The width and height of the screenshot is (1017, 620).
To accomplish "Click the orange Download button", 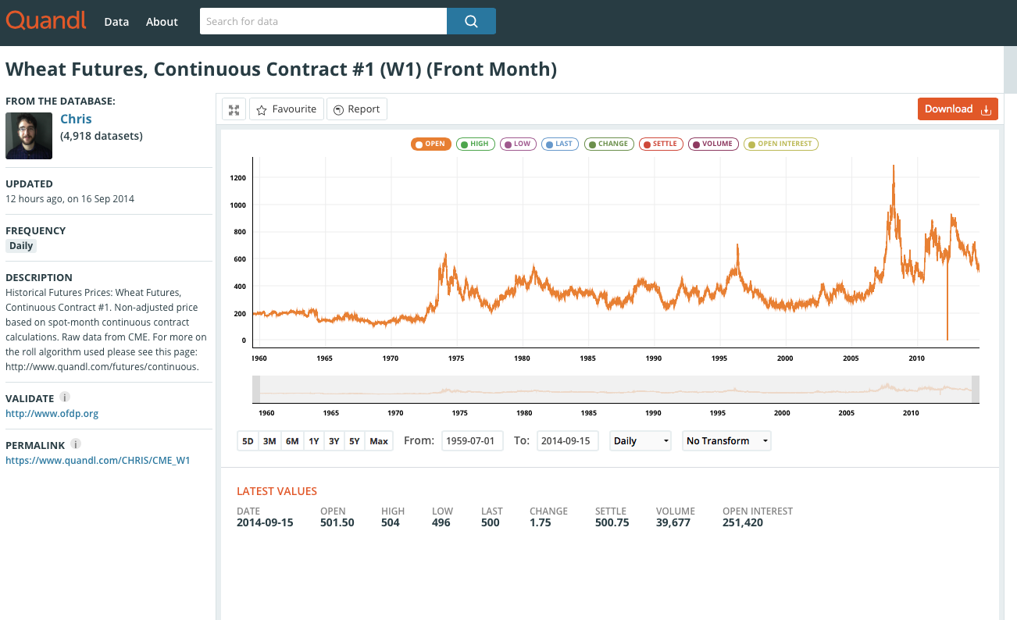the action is coord(958,109).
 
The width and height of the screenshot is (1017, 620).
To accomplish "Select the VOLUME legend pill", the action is coord(713,144).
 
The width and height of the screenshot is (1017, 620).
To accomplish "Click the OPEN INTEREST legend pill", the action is coord(780,144).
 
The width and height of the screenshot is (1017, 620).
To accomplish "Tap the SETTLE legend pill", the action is coord(661,144).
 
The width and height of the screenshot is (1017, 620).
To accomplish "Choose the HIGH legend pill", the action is coord(475,144).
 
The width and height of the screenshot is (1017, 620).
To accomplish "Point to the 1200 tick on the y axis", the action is coord(238,178).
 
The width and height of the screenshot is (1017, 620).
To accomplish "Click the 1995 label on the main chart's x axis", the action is coord(719,358).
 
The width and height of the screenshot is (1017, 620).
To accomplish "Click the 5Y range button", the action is coord(354,440).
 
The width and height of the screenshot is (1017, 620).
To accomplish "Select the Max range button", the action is coord(379,440).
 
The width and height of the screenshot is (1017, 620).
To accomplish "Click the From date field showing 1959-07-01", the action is coord(472,440).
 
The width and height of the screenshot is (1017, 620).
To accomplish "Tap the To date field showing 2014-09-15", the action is coord(568,440).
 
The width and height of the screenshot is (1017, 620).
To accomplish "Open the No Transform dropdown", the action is coord(726,440).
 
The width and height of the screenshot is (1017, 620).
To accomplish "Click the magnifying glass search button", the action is coord(471,21).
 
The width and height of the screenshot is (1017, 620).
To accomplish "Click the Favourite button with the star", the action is coord(287,109).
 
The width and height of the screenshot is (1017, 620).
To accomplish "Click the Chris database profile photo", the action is coord(29,136).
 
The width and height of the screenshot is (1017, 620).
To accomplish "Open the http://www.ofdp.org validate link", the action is coord(52,414).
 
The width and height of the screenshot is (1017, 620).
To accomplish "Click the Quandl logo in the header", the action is coord(46,20).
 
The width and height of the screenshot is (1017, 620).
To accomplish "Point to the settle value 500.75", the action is coord(612,522).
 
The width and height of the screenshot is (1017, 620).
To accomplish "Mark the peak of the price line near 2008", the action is coord(894,166).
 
